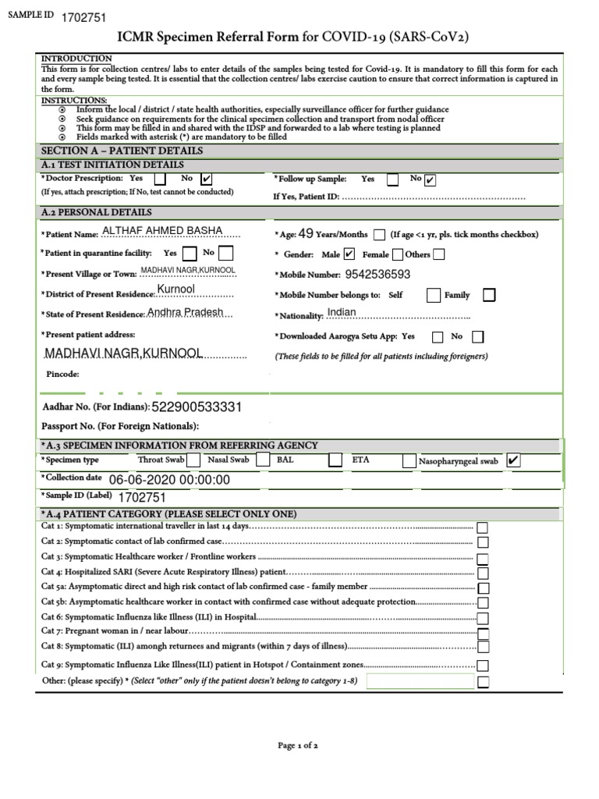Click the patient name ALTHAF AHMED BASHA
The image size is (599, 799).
pyautogui.click(x=162, y=231)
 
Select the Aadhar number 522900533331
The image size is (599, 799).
pyautogui.click(x=197, y=407)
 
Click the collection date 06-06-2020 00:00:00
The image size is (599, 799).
pyautogui.click(x=169, y=480)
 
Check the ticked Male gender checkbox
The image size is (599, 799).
pyautogui.click(x=349, y=254)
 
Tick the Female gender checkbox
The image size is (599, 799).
pyautogui.click(x=398, y=254)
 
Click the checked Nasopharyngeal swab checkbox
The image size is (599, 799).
pyautogui.click(x=513, y=461)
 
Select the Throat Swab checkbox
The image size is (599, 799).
pyautogui.click(x=193, y=460)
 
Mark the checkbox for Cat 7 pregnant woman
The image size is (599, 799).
pyautogui.click(x=483, y=631)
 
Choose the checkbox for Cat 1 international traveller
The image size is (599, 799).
pyautogui.click(x=483, y=527)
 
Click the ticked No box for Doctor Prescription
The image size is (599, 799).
pyautogui.click(x=207, y=179)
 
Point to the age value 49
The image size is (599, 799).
pyautogui.click(x=306, y=233)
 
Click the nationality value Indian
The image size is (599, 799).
pyautogui.click(x=342, y=312)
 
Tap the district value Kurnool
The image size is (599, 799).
pyautogui.click(x=175, y=289)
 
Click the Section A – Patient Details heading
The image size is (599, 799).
pyautogui.click(x=122, y=151)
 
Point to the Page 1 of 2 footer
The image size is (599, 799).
pyautogui.click(x=298, y=745)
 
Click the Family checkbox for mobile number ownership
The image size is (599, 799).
pyautogui.click(x=488, y=295)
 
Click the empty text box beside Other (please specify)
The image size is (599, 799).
pyautogui.click(x=420, y=682)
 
